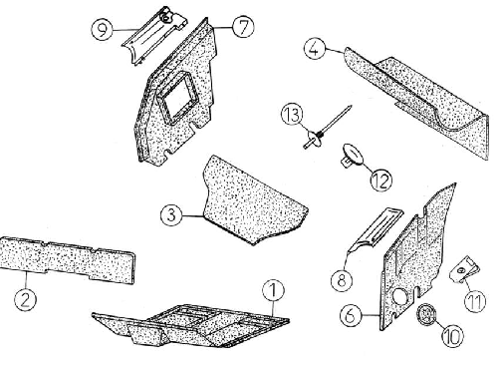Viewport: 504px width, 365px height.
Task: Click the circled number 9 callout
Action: [102, 30]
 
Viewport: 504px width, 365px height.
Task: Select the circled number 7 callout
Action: [243, 27]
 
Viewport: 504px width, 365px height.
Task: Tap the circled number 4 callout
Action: [315, 49]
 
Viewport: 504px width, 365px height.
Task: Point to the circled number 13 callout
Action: [292, 115]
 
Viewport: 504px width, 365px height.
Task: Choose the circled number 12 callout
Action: [381, 181]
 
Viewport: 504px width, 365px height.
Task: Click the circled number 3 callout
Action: [171, 214]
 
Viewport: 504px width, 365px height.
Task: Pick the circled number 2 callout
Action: [25, 300]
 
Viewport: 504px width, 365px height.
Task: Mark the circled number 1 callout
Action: [273, 290]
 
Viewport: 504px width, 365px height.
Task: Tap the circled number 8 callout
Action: [342, 280]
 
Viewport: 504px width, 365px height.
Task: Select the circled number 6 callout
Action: [351, 315]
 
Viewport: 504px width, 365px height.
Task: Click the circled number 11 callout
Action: [474, 301]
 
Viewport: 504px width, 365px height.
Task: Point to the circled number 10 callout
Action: [452, 336]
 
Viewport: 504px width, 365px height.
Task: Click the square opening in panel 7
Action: [177, 97]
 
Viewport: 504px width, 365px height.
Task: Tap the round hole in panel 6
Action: [400, 296]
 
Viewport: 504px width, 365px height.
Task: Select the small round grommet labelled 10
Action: [426, 314]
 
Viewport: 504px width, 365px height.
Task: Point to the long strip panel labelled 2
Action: [67, 260]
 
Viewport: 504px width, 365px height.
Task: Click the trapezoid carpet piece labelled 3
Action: [252, 201]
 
